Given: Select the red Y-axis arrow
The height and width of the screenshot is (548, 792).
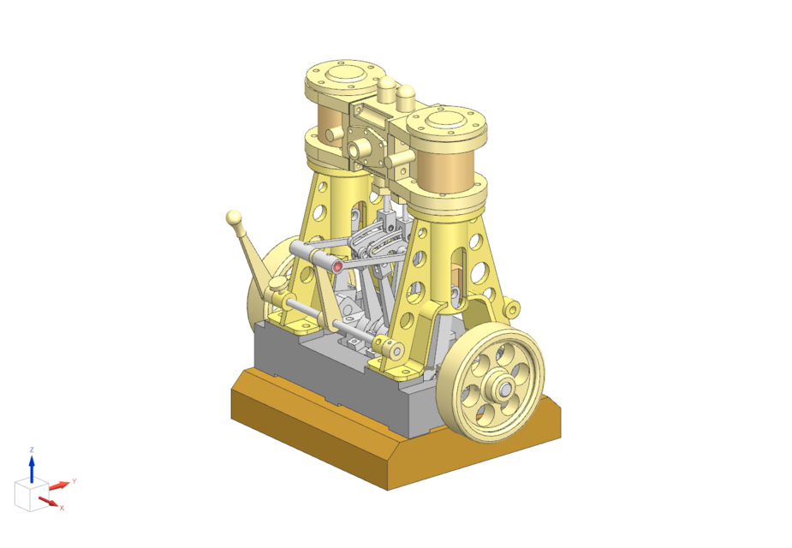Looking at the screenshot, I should pyautogui.click(x=59, y=485).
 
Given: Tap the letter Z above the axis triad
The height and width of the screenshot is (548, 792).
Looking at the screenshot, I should pyautogui.click(x=32, y=450).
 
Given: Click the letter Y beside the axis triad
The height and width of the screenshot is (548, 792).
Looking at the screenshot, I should pyautogui.click(x=74, y=481).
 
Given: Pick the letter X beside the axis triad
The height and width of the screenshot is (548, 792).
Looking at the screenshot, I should pyautogui.click(x=62, y=508).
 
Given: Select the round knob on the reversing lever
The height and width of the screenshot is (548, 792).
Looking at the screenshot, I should pyautogui.click(x=234, y=217).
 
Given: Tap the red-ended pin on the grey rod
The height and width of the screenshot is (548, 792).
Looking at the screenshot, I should pyautogui.click(x=337, y=266).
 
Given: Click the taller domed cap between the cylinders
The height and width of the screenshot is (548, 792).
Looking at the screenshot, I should pyautogui.click(x=387, y=87).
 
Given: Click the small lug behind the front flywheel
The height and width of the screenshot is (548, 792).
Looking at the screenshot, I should pyautogui.click(x=513, y=306).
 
